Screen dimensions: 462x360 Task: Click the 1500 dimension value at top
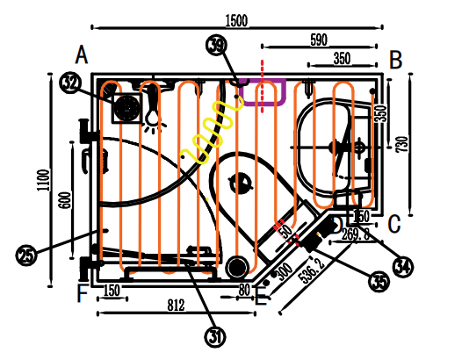(x=236, y=20)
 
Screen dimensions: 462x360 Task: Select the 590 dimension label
(x=319, y=40)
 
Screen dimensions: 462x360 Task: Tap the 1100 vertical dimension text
(x=43, y=180)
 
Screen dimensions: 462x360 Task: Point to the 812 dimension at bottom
(x=177, y=306)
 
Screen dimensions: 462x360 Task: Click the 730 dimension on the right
(x=402, y=144)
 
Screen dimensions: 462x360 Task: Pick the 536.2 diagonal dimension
(x=311, y=270)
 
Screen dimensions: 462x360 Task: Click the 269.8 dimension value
(x=356, y=234)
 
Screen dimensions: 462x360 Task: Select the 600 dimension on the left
(x=65, y=200)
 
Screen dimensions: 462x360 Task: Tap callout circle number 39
(x=217, y=45)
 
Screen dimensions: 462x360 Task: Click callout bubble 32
(x=70, y=83)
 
